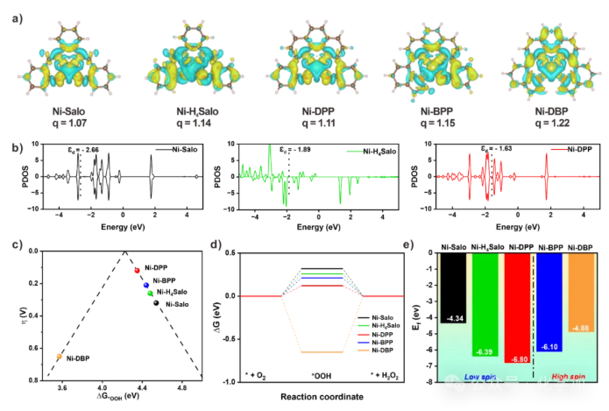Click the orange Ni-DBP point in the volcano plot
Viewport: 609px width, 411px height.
click(x=59, y=356)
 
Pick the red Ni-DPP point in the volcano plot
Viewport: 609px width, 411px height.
click(x=137, y=270)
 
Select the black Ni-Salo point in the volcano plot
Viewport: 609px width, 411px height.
click(x=156, y=303)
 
